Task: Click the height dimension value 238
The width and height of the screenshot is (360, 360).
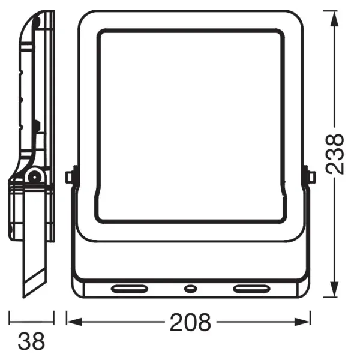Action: pos(335,154)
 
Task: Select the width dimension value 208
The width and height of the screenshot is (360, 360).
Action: pos(190,322)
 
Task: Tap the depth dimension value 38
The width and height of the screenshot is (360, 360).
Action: pos(31,341)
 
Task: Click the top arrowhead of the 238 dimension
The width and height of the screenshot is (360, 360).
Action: pos(334,19)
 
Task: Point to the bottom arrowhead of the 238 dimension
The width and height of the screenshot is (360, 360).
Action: pos(334,289)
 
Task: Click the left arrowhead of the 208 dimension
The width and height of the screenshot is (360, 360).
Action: pos(74,322)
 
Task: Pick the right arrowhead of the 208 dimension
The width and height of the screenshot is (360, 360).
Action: pos(302,322)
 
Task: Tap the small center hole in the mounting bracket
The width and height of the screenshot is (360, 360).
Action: pos(190,289)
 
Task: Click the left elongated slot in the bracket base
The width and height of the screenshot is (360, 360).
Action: pos(130,289)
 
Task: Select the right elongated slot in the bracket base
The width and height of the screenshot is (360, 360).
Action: pos(251,289)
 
